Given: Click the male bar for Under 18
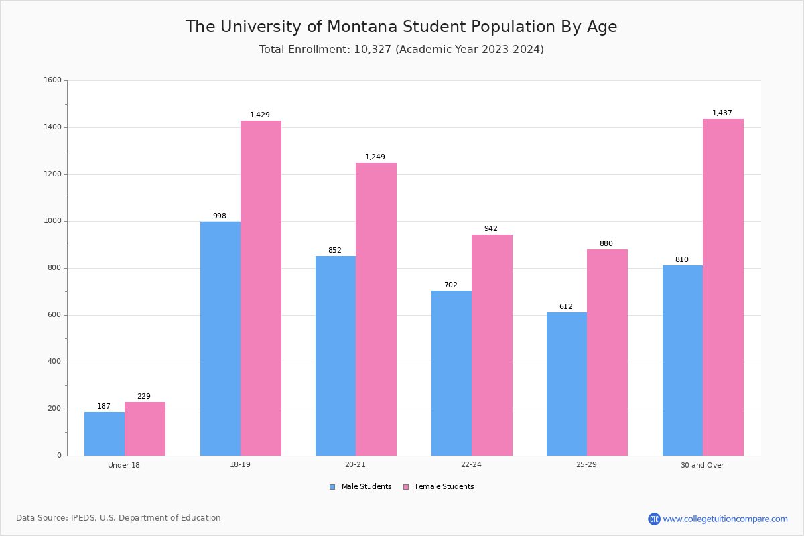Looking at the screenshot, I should point(105,433).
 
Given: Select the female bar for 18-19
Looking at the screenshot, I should point(261,288).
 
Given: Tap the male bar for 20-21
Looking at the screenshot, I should point(336,355).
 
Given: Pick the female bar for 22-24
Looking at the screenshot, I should point(492,345).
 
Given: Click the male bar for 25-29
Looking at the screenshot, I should point(567,384).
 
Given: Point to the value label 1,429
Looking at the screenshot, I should point(260,115).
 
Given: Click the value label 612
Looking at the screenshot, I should point(566,307).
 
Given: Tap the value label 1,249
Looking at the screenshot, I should point(375,157).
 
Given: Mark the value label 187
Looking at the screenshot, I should point(104,407).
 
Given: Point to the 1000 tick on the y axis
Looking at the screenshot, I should point(53,221).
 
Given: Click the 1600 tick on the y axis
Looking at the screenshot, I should point(53,80).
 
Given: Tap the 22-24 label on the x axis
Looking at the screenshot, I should point(471,465).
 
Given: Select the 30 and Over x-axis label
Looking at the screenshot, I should point(702,465).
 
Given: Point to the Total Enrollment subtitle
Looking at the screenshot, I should point(401,50).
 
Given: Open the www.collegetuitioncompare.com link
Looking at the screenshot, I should point(725,519).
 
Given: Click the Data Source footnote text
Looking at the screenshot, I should point(119,518).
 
